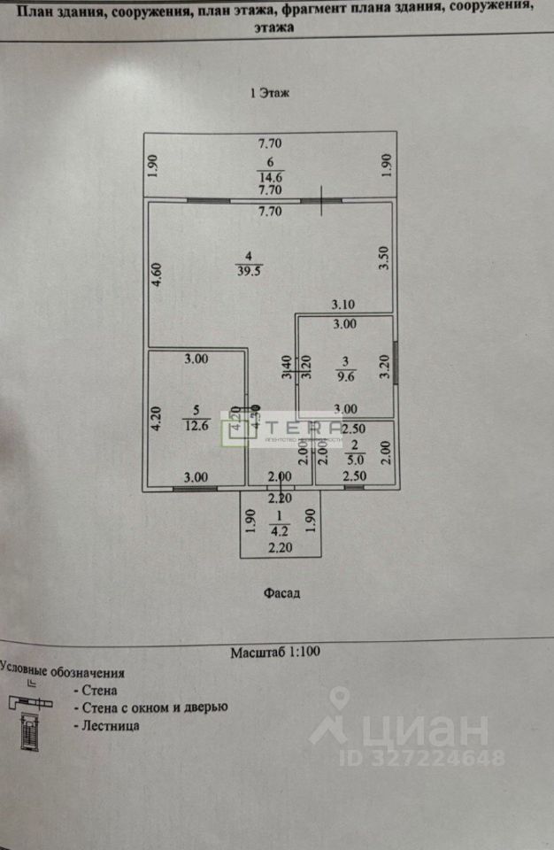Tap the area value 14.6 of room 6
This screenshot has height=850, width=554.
point(270,175)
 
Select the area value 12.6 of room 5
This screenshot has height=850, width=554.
point(196,423)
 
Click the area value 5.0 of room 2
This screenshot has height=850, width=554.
point(353,460)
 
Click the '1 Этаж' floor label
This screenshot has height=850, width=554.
point(272,92)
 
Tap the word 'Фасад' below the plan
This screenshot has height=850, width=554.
point(281,593)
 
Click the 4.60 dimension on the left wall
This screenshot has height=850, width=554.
point(155,273)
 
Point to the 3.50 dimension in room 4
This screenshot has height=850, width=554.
point(383,259)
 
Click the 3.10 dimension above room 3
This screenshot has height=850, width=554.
point(343,305)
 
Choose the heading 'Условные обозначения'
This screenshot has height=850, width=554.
point(62,673)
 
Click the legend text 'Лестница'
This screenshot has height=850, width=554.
point(110,726)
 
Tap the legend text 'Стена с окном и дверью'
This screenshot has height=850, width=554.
point(153,707)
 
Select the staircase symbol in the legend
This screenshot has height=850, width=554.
point(28,730)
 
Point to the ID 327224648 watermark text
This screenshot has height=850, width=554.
point(420,758)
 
